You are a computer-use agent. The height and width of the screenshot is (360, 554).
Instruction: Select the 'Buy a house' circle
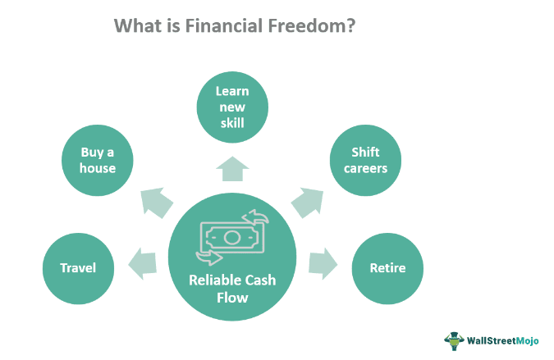[98, 160]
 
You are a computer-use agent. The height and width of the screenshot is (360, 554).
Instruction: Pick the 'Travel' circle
[78, 267]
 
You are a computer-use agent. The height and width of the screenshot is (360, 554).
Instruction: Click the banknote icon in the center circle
[232, 237]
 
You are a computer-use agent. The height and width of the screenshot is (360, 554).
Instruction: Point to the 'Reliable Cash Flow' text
[233, 289]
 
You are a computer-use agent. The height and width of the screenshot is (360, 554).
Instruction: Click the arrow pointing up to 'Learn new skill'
[233, 169]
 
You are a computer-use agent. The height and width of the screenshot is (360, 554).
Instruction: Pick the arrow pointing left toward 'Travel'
[142, 263]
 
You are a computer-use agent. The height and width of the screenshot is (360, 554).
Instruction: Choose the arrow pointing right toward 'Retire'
[323, 263]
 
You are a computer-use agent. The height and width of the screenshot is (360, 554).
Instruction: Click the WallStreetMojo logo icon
[454, 339]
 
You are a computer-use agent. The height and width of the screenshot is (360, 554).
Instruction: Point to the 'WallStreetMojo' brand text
[504, 339]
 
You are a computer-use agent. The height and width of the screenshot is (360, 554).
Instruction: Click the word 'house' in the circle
[98, 168]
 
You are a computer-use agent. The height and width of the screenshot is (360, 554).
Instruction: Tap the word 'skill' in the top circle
[233, 124]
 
